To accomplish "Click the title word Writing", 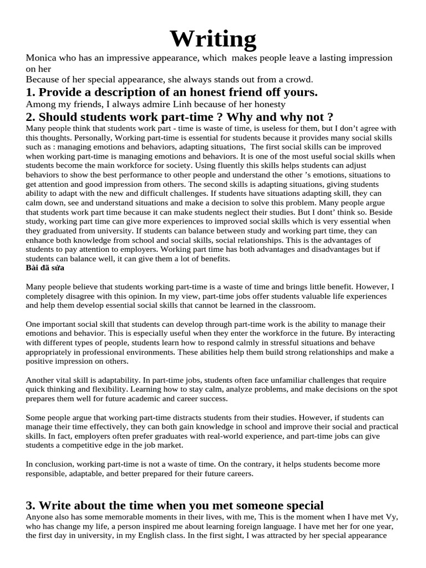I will tap(213, 39).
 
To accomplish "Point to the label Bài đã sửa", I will tap(45, 268).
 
